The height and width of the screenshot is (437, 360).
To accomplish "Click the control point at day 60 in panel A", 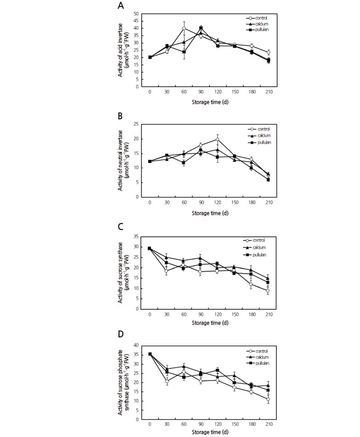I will coord(184,28).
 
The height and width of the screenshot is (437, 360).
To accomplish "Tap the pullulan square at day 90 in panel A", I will coord(201,28).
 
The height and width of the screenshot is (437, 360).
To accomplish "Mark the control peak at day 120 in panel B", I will coord(217,139).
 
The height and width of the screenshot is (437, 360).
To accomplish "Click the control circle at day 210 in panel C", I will coord(268,291).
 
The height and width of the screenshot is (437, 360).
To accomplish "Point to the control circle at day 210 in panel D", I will coord(268,399).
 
